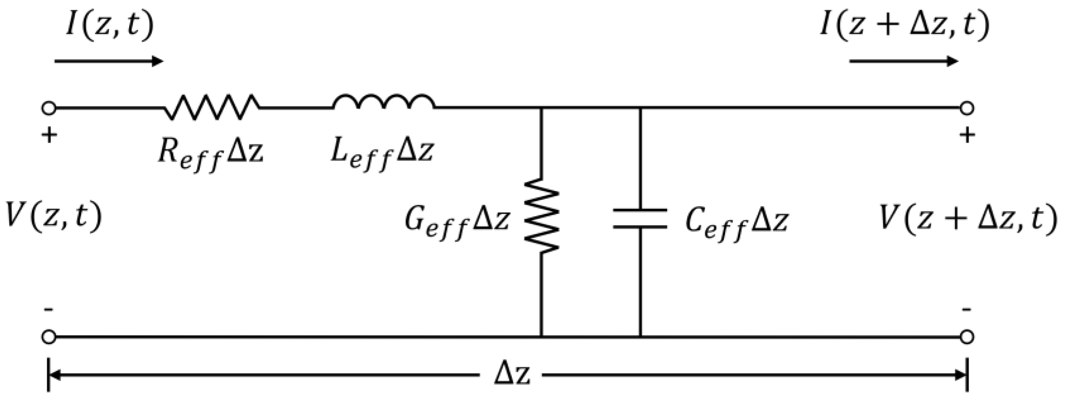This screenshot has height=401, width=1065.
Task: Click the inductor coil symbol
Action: coord(384,103)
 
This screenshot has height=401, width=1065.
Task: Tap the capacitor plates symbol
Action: coord(640,218)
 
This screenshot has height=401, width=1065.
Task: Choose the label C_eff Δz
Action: coord(736,223)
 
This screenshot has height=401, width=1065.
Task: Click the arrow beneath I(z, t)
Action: coord(109,61)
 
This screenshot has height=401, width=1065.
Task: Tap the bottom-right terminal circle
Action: coord(967,337)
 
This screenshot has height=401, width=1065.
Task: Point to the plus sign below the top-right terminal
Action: coord(967,135)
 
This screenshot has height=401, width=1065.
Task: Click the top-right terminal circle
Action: coord(967,108)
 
